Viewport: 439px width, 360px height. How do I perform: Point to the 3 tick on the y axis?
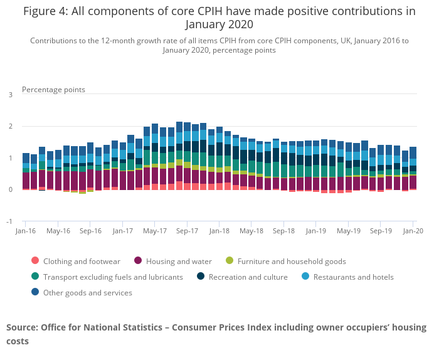(x=10, y=95)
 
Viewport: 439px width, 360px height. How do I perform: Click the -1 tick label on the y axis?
(x=9, y=221)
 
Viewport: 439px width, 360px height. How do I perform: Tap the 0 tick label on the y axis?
(x=10, y=189)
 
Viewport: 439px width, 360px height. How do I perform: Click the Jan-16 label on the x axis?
(x=26, y=231)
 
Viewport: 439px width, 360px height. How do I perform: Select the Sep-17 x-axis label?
(x=187, y=231)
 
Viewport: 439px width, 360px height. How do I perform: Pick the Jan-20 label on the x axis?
(x=413, y=231)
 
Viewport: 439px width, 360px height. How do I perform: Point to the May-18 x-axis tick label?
(x=251, y=231)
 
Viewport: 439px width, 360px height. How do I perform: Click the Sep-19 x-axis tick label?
(x=381, y=231)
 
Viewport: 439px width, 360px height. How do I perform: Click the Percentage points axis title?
(x=53, y=90)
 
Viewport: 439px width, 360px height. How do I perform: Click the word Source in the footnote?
(x=21, y=327)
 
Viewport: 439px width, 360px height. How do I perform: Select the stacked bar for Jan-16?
(x=26, y=171)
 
